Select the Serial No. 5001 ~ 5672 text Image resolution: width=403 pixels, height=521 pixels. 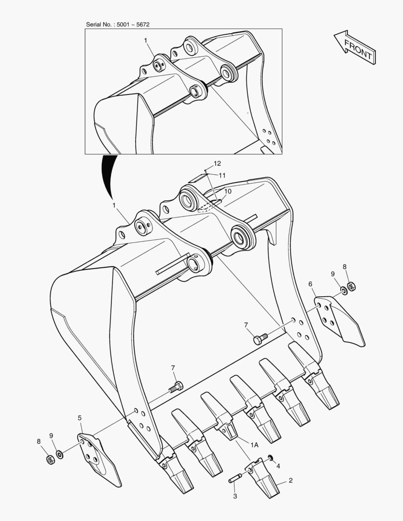(121, 24)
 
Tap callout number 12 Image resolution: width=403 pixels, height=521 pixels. (217, 164)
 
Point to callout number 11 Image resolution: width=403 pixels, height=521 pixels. (222, 175)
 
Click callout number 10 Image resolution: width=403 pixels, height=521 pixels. (227, 191)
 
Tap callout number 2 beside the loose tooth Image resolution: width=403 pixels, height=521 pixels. (291, 480)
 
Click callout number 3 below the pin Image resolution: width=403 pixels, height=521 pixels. (235, 496)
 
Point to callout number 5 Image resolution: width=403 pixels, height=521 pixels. (80, 418)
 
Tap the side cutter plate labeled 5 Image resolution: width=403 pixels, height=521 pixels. (99, 458)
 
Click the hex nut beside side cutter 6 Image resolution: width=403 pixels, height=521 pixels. (352, 286)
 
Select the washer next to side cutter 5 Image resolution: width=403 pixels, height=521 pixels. (59, 454)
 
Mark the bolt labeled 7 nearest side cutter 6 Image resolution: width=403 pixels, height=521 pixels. (259, 339)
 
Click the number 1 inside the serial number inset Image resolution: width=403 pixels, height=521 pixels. (145, 41)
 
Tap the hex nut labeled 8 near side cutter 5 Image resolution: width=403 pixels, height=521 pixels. (49, 460)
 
